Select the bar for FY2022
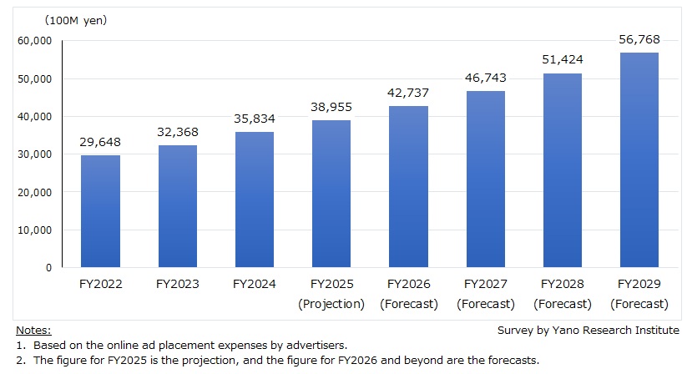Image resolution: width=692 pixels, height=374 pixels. pos(100,211)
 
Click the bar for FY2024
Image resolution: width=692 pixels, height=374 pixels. pos(255,200)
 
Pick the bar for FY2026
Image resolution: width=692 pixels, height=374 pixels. pos(408,187)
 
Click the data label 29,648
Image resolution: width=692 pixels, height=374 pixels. pos(100,142)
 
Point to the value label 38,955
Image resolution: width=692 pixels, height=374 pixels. pos(331,107)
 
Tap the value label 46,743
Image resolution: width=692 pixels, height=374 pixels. pos(485,78)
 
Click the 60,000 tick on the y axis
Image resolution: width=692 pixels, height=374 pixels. pos(34,40)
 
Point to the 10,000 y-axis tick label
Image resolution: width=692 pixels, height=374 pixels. pos(34,230)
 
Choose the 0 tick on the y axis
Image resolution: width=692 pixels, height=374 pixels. pos(48,267)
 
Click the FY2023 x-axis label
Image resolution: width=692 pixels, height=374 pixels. pos(177,285)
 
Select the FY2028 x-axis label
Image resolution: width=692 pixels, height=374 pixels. pos(563,285)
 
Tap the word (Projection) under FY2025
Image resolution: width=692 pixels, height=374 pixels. pos(331,304)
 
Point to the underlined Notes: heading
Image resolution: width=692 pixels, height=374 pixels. pos(33,331)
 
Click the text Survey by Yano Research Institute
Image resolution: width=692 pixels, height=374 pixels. pos(588,331)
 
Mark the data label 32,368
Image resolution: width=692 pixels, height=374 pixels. pos(177,132)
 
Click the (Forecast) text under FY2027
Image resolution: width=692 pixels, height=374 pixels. pos(485,304)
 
